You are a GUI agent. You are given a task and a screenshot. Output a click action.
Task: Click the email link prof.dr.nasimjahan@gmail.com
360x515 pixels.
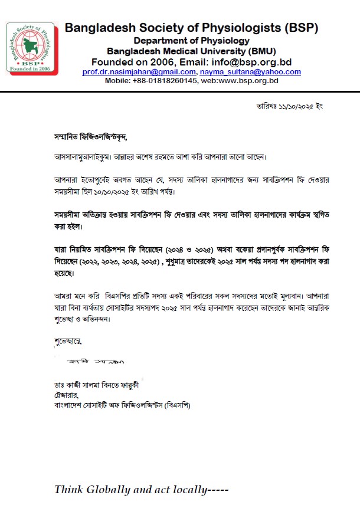point(139,72)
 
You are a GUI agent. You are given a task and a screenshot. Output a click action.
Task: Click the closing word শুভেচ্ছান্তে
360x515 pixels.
point(68,340)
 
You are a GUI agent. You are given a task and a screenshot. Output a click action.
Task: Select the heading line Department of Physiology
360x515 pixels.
point(191,40)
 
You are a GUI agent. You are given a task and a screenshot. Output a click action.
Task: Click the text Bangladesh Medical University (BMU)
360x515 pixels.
point(191,51)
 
